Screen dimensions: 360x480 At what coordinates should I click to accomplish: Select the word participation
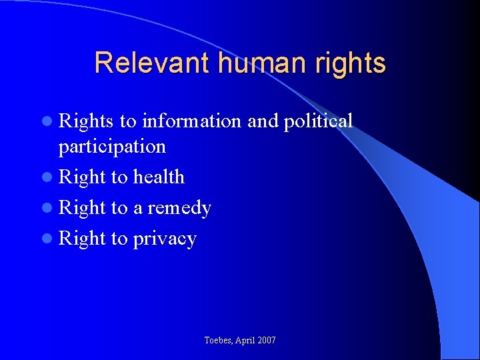112,147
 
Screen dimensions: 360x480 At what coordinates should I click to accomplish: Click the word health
159,177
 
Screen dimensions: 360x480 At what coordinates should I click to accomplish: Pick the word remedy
179,208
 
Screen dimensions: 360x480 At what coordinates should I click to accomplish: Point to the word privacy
165,239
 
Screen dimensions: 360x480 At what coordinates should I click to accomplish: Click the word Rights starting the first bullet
87,121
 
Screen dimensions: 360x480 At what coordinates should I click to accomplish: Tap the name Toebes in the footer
219,341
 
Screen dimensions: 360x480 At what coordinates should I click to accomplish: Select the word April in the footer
245,341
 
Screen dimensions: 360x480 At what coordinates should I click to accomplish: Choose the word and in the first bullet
261,121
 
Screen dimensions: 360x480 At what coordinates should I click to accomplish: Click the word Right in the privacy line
83,239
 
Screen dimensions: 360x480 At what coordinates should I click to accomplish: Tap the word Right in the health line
83,177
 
